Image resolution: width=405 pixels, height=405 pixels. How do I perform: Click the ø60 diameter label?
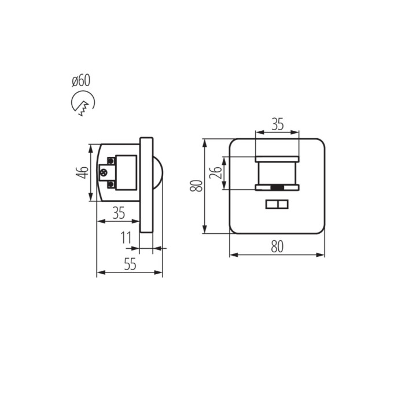pyautogui.click(x=81, y=80)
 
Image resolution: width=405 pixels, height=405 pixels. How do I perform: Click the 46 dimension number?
pyautogui.click(x=82, y=172)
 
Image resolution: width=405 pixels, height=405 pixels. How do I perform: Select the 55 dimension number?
pyautogui.click(x=130, y=264)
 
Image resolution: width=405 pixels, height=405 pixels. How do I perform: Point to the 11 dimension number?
pyautogui.click(x=126, y=238)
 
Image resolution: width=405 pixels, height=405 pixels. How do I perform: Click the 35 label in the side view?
pyautogui.click(x=119, y=213)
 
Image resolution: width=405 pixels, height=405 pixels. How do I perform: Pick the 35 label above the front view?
pyautogui.click(x=277, y=124)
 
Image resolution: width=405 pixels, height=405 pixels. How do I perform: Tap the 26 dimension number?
pyautogui.click(x=216, y=172)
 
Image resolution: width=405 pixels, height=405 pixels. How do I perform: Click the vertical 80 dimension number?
pyautogui.click(x=196, y=186)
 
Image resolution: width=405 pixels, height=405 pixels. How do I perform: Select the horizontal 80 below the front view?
pyautogui.click(x=277, y=246)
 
